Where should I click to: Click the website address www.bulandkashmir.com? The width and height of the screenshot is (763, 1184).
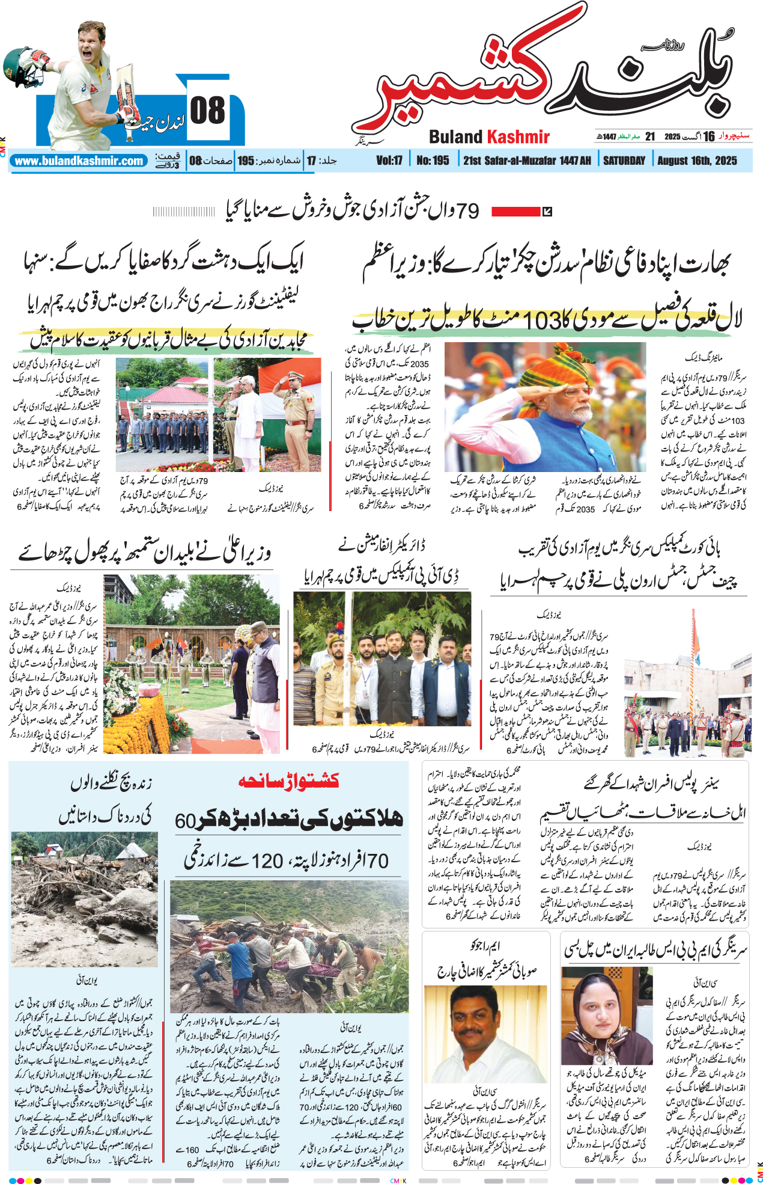point(79,161)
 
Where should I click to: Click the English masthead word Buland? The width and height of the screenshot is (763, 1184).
point(456,137)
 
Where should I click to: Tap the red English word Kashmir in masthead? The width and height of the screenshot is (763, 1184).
point(519,137)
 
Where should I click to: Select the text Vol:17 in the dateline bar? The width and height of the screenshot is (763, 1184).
point(389,161)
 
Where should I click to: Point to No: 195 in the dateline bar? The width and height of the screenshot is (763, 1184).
point(433,161)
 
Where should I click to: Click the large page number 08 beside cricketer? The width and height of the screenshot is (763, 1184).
point(207,111)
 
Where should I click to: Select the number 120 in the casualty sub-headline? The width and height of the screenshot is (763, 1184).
point(267,862)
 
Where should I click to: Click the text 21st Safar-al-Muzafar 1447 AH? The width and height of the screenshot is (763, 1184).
point(527,161)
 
